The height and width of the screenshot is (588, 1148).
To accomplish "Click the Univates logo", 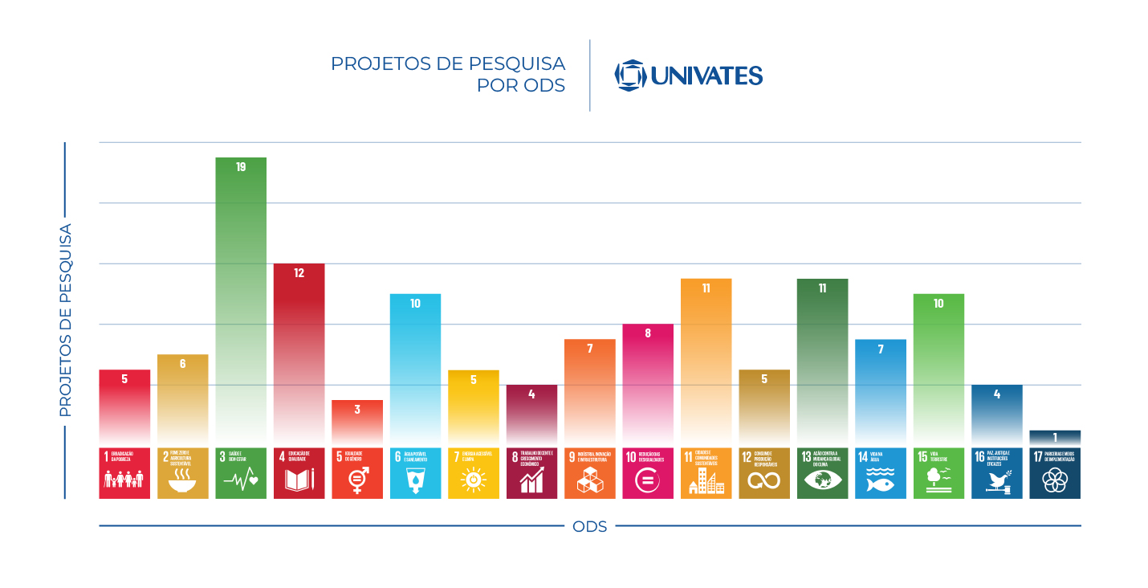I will [688, 76].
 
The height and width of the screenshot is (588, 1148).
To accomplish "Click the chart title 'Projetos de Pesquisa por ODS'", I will [448, 74].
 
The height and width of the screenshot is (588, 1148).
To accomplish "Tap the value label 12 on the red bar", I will [299, 273].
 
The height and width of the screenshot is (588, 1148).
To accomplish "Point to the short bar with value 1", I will [1055, 438].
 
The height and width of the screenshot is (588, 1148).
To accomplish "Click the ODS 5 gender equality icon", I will [357, 473].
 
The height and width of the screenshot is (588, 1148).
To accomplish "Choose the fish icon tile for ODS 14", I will [881, 473].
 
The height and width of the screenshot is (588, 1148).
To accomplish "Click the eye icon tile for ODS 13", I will [822, 473].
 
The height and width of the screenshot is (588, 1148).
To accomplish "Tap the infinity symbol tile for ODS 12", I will [764, 473].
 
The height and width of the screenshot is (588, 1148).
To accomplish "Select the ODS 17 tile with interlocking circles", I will [1055, 473].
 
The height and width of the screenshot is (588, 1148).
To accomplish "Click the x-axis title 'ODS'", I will [589, 527].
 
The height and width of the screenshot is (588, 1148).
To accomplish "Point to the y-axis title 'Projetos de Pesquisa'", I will [65, 320].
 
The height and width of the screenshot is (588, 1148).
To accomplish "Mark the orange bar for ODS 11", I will [706, 361].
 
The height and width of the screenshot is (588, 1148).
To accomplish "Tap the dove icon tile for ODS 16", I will [997, 473].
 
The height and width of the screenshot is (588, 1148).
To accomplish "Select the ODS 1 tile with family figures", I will [124, 473].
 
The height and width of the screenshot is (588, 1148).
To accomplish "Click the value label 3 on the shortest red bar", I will [357, 409].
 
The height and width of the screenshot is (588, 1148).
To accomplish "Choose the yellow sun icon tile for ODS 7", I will [474, 473].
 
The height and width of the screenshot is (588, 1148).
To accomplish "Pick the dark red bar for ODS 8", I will [531, 414].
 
